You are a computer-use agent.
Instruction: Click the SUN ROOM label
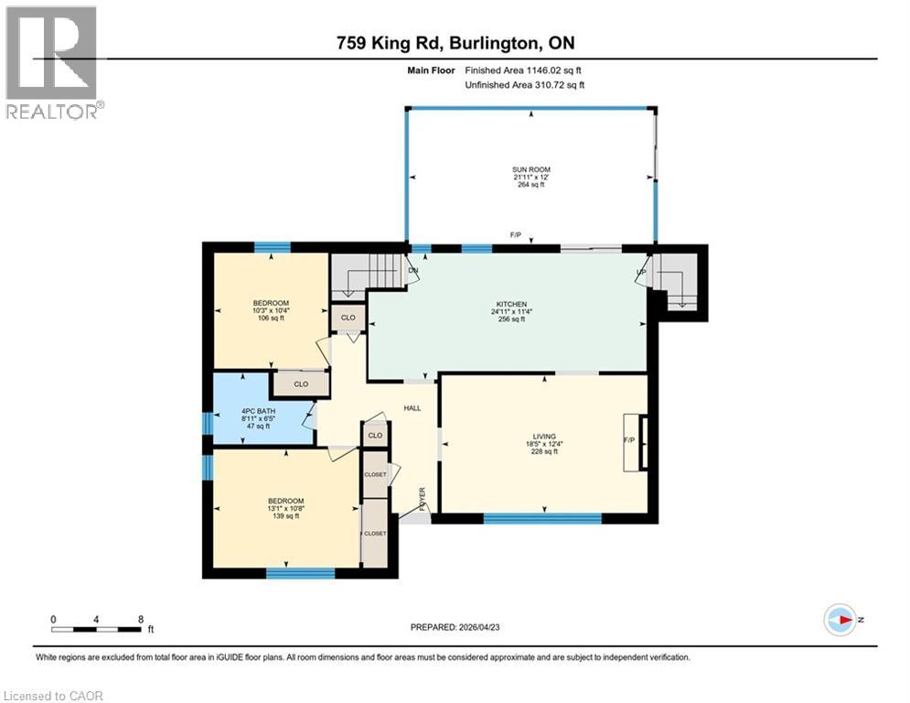[x=530, y=169]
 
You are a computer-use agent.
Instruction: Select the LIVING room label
[x=547, y=437]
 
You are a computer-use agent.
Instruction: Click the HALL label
[x=412, y=407]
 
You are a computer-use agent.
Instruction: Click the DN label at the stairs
[x=412, y=270]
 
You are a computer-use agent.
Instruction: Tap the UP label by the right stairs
[x=641, y=271]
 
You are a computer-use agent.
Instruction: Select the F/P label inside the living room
[x=629, y=438]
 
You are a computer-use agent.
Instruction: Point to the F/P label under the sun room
[x=516, y=235]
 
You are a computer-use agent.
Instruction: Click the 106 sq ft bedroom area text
[x=271, y=319]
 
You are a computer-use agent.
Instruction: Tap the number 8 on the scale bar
[x=140, y=619]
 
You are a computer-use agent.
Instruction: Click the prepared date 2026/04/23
[x=457, y=627]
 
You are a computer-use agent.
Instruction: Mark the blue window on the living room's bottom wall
[x=542, y=519]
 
